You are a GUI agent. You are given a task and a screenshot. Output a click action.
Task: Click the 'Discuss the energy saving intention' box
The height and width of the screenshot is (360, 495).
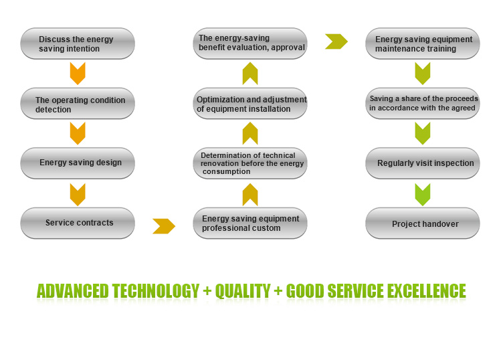point(78,43)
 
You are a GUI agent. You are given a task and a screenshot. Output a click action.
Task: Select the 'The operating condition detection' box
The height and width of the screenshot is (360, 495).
point(78,104)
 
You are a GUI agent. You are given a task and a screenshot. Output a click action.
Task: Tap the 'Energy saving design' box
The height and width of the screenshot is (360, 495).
point(78,163)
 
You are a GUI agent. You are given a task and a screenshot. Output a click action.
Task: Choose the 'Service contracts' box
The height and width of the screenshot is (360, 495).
point(78,223)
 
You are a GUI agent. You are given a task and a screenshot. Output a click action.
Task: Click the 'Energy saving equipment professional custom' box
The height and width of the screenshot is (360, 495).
point(250,223)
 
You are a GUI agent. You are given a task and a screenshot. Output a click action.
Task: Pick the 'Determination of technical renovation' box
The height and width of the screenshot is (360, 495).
point(250,163)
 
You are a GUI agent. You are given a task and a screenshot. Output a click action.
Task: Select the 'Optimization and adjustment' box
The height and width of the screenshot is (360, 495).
point(250,104)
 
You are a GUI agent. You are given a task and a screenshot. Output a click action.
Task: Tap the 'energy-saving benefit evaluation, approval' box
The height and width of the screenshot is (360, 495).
point(250,43)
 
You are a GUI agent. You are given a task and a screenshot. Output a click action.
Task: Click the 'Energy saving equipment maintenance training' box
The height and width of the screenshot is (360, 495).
point(423,43)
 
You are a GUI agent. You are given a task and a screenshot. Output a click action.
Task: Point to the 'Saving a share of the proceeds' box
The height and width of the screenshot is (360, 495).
point(423,104)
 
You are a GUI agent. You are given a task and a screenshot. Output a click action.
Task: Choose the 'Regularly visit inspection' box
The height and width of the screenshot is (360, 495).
point(423,163)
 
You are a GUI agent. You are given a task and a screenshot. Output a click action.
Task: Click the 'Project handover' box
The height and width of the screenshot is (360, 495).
point(423,223)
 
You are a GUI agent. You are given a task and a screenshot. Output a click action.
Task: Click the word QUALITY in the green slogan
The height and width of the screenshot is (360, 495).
point(243,291)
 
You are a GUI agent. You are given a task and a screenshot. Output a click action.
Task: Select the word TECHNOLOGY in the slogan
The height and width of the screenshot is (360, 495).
point(156,291)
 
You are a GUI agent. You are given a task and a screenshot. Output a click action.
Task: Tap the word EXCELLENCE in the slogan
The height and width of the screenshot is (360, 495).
point(427,291)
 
